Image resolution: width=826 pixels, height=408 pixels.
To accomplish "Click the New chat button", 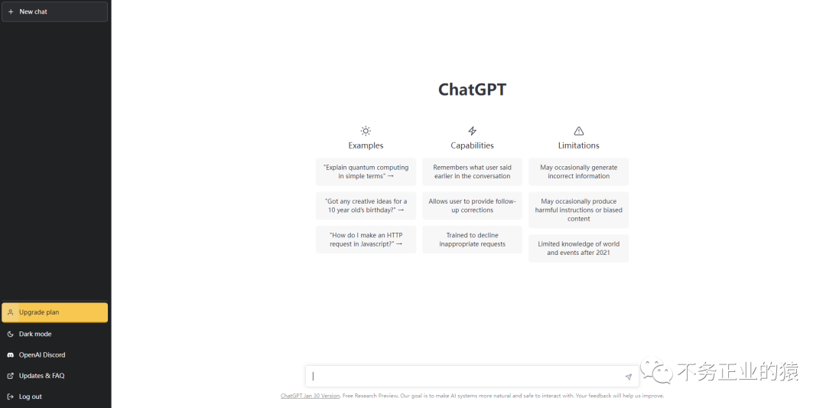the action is coord(54,11).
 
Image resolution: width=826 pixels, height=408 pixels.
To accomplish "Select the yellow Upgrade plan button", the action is coord(54,312).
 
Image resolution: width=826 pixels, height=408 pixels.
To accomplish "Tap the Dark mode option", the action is coord(35,334).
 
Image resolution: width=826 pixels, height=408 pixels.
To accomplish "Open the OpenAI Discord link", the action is coord(41,355).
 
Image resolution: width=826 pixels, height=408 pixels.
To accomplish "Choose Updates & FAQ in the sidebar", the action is coord(41,376).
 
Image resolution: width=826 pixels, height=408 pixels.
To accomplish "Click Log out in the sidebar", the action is coord(30,397).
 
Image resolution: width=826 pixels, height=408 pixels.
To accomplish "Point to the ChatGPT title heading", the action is coord(472,90).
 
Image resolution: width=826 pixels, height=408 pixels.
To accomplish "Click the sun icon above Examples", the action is coord(366,131).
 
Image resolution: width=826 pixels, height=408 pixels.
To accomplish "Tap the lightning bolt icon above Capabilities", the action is coord(472,131).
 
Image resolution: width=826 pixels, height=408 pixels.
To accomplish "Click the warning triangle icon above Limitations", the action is coord(579,131).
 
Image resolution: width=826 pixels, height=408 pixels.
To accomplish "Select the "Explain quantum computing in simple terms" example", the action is coord(366,171).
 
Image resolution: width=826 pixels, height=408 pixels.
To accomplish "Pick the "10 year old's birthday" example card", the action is coord(366,206).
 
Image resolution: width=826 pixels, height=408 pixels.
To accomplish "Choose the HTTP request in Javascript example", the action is coord(366,240).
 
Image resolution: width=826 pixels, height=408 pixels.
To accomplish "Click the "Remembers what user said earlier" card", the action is coord(472,171).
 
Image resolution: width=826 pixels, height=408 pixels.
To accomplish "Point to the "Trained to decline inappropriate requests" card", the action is coord(472,240).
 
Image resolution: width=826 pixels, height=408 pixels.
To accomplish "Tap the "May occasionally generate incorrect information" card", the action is coord(579,171).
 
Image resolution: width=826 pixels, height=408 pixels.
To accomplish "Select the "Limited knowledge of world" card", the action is coord(579,248).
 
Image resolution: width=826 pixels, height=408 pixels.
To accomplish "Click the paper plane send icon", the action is coord(629,377).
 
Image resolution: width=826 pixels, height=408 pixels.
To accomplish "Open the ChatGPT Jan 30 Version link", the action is coord(310,396).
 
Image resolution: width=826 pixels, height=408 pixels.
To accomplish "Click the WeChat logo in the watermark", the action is coord(656,371).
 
